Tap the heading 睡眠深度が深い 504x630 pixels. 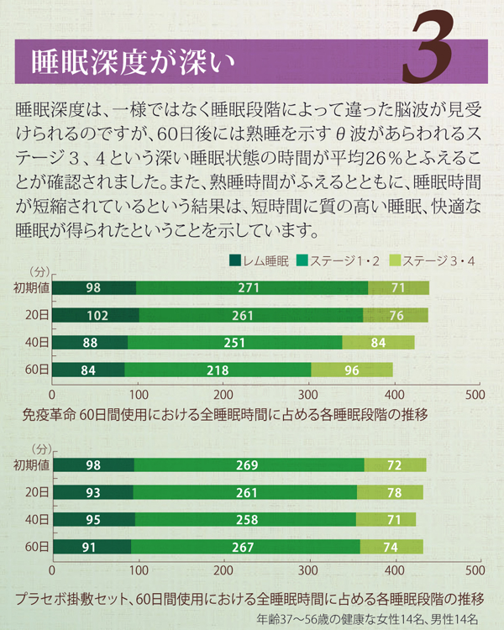tap(133, 63)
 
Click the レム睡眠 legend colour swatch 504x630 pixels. tap(235, 260)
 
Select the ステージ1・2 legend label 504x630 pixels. tap(344, 261)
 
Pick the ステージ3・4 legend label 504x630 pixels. tap(438, 261)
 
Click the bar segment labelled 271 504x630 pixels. tap(252, 288)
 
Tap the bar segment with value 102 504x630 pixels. tap(96, 315)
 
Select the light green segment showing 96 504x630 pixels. tap(352, 370)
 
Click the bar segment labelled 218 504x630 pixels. tap(218, 370)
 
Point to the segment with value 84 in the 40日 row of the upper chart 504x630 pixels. tap(378, 343)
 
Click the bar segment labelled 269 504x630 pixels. tap(249, 465)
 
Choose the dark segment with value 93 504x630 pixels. tap(93, 492)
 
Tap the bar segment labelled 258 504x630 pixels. tap(245, 519)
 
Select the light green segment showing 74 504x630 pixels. tap(391, 547)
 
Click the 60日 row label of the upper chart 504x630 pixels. tap(37, 370)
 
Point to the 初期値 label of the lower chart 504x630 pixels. tap(32, 465)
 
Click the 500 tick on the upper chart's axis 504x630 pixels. tap(475, 395)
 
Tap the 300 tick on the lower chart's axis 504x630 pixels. tap(308, 570)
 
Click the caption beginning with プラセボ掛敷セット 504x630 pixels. tap(249, 599)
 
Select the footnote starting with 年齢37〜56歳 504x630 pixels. tap(366, 619)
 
